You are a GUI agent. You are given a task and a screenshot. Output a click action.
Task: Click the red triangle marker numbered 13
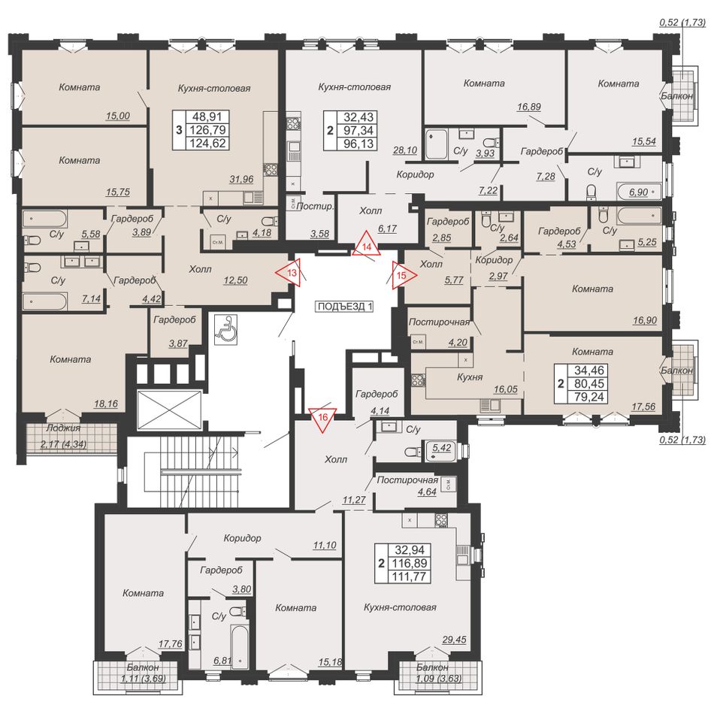point(291,273)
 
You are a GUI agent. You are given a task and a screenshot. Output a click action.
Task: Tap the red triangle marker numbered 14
point(367,246)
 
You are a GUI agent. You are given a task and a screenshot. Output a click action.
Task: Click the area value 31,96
point(241,180)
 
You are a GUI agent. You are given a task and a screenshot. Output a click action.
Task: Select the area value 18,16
point(106,404)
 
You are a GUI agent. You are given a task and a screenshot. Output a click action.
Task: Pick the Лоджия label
point(63,428)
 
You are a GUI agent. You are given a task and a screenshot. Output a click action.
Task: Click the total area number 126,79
point(207,130)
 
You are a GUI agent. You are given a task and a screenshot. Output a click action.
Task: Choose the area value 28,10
point(405,150)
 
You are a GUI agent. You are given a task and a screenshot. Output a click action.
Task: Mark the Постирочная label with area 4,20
point(439,322)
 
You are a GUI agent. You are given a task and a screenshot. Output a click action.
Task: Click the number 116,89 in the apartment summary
point(410,563)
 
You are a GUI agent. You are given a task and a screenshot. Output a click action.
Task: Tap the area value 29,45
point(454,640)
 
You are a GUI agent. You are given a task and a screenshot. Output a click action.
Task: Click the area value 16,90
point(645,321)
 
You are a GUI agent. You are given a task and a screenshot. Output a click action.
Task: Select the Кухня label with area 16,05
point(470,377)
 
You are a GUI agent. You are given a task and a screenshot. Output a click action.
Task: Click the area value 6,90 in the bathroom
point(638,192)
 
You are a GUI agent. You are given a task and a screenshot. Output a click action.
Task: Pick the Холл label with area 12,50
point(200,269)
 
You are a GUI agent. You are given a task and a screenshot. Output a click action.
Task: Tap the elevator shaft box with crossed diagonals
point(169,410)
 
